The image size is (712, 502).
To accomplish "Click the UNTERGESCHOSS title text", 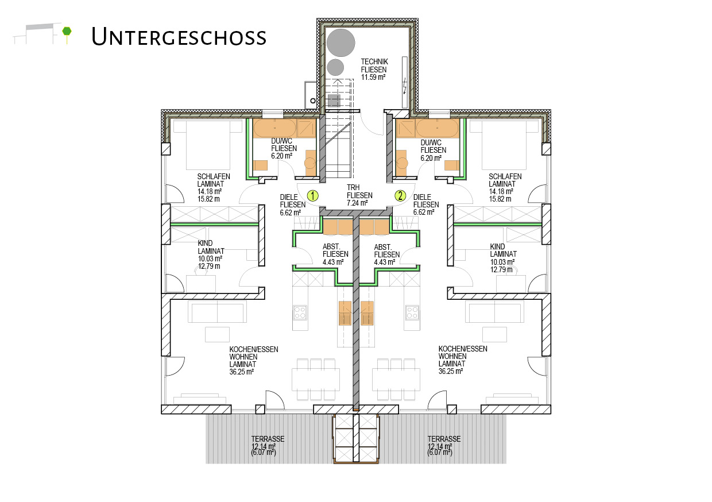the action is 179,37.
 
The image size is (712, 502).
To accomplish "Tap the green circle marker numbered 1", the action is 313,196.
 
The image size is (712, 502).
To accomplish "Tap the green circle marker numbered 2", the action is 400,195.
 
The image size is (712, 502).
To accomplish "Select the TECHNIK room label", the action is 374,61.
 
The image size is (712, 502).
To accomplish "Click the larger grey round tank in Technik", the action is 340,43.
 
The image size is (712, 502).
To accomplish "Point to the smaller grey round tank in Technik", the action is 335,68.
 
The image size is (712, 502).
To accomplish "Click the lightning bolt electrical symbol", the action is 405,86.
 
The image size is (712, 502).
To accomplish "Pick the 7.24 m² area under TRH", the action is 357,203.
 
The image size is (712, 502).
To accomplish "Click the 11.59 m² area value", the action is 373,77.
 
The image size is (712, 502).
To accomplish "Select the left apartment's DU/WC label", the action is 281,141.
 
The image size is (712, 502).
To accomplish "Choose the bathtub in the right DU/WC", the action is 438,128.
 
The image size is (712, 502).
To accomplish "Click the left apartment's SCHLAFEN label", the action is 214,176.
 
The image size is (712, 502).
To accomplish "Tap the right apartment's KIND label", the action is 497,246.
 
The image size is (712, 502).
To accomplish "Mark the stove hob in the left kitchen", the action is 300,312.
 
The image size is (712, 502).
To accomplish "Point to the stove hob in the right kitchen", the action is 412,312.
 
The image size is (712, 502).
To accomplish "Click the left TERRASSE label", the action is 268,439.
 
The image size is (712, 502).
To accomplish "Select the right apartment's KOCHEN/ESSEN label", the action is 463,349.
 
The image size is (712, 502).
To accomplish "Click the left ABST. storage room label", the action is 331,247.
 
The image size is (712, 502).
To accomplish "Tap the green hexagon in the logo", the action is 67,31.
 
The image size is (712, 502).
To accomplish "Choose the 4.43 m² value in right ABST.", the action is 385,262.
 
